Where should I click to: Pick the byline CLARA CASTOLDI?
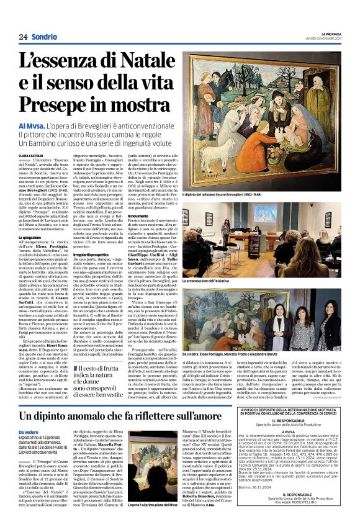(30, 156)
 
